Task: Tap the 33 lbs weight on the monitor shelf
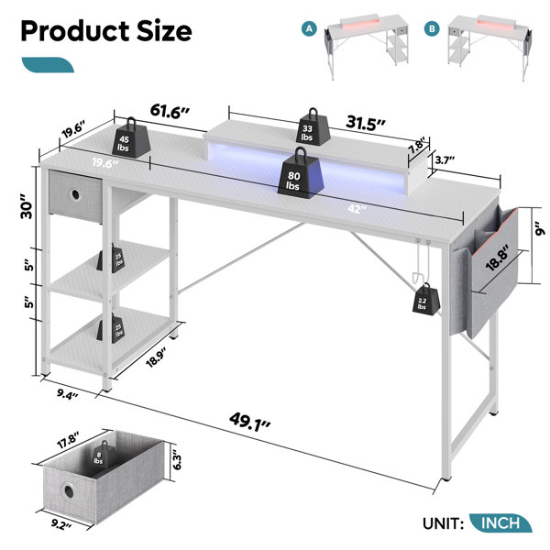(313, 126)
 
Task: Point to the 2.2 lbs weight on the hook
(426, 299)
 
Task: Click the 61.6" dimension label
(170, 111)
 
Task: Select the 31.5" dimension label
(366, 123)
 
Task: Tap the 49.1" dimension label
(249, 422)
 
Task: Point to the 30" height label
(27, 206)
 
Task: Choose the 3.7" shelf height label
(445, 159)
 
